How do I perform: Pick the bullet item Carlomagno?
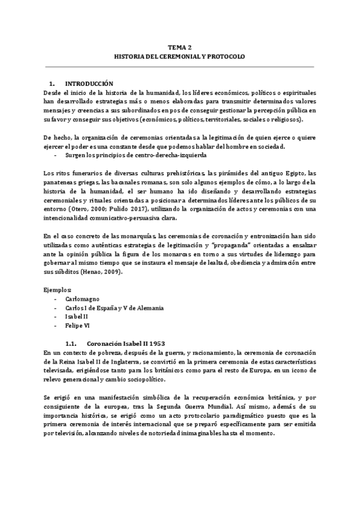tap(82, 298)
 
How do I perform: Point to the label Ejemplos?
tap(59, 289)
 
